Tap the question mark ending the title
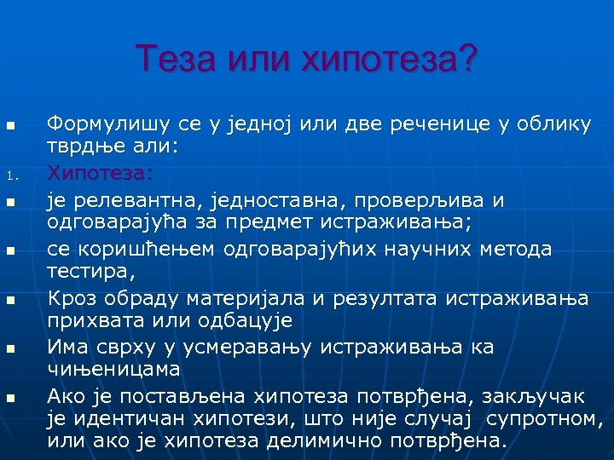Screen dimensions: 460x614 pyautogui.click(x=467, y=59)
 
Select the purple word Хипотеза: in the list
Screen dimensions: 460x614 pyautogui.click(x=100, y=174)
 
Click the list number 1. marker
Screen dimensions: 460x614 pyautogui.click(x=12, y=178)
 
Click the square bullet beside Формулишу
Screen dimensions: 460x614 pyautogui.click(x=11, y=128)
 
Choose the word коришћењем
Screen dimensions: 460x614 pyautogui.click(x=145, y=249)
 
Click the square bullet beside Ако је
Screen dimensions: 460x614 pyautogui.click(x=11, y=399)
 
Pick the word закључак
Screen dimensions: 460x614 pyautogui.click(x=542, y=396)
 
